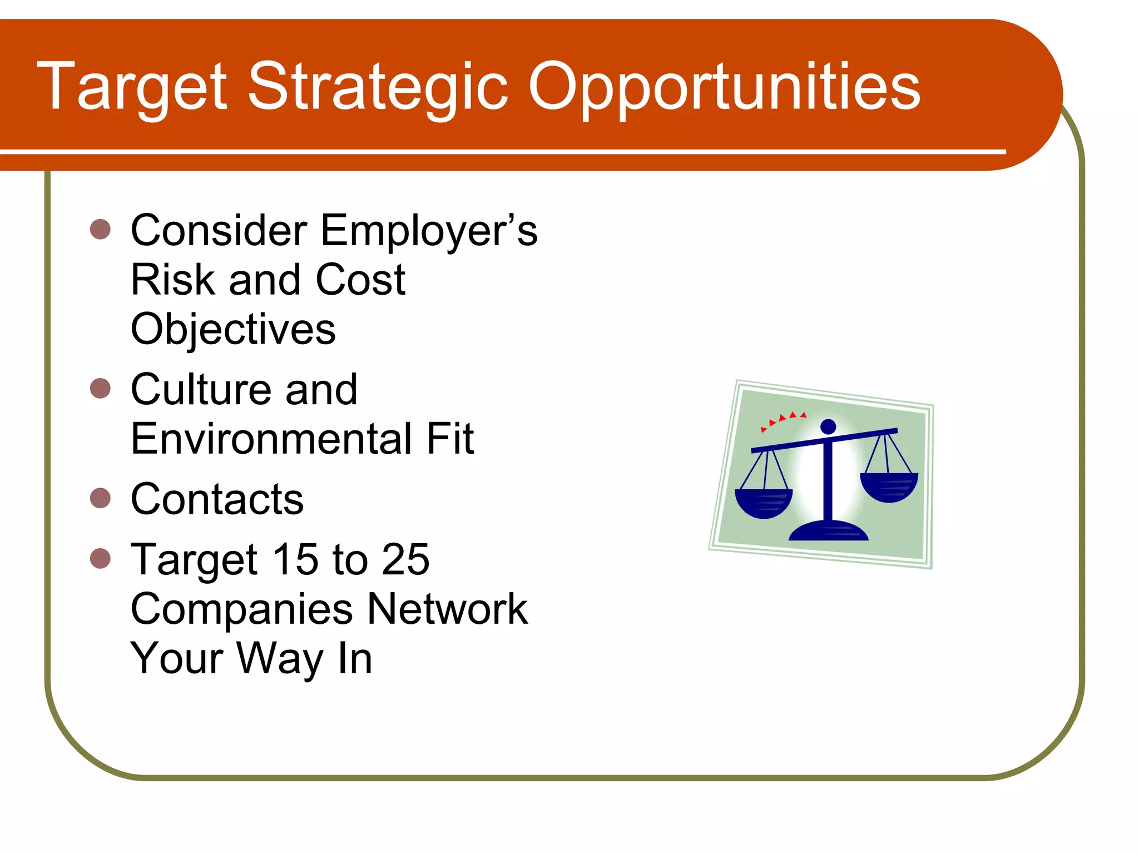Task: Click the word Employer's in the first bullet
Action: point(429,231)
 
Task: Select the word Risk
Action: point(172,280)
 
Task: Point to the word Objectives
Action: point(233,329)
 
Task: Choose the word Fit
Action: point(450,439)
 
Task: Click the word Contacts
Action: point(217,499)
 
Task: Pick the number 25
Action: point(405,559)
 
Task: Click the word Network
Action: point(447,609)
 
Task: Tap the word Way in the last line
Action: point(281,658)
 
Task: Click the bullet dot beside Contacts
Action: point(100,498)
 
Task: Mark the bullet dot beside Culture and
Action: point(100,389)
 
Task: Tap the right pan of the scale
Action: point(889,487)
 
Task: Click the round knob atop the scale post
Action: point(828,426)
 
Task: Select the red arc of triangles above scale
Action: point(783,420)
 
